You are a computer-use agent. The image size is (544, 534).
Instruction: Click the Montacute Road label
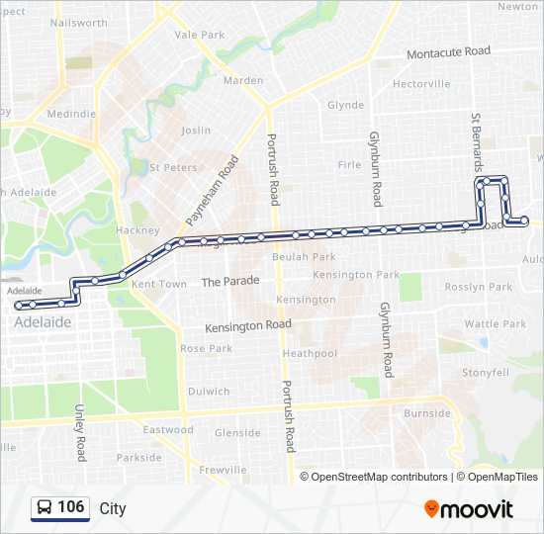448,51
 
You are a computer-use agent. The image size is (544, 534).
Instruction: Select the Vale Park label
200,34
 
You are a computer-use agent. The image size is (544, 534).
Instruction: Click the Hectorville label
421,84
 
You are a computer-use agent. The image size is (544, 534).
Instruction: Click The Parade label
230,281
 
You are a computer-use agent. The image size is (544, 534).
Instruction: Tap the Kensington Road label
248,325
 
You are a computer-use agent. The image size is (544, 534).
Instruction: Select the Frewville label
222,470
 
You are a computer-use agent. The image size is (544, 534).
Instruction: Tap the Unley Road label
81,433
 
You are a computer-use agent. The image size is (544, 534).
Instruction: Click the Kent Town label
159,284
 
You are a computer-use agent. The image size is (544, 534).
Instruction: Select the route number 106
71,507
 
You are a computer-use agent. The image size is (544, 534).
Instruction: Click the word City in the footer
113,508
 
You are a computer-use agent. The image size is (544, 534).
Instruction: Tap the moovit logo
469,509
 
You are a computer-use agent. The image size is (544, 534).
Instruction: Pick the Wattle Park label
496,323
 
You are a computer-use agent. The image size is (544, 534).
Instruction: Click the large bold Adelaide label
43,322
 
